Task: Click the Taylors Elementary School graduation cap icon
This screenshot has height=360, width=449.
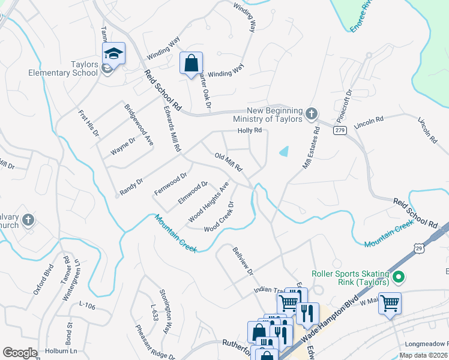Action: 113,53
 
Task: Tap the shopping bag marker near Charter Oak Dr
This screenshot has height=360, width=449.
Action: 191,62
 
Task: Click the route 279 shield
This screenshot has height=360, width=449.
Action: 340,130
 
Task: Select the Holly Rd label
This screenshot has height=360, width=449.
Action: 250,130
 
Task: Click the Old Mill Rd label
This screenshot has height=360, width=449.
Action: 228,161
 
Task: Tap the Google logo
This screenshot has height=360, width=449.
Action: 20,353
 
